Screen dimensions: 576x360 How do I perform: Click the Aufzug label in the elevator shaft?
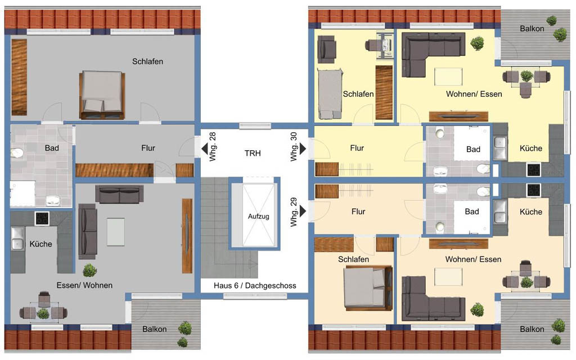point(258,217)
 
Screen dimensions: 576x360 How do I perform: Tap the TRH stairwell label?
point(253,153)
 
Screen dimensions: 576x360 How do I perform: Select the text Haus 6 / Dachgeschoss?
point(255,285)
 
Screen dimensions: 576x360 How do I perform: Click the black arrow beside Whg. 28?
point(205,148)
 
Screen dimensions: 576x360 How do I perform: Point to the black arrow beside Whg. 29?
point(303,211)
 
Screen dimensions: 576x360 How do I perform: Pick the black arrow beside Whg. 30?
point(303,148)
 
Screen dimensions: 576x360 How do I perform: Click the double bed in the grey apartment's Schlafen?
point(102,94)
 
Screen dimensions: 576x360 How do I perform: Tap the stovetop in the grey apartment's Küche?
point(42,219)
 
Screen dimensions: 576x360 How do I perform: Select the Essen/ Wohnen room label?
point(84,285)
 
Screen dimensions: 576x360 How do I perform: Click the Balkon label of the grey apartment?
point(154,329)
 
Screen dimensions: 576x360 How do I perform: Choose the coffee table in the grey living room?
point(116,232)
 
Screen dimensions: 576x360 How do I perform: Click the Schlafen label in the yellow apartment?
point(358,94)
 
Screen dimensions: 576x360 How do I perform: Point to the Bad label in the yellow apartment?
point(473,149)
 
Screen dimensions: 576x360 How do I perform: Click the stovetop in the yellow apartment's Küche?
point(534,169)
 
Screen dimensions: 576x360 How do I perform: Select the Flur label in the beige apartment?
point(358,211)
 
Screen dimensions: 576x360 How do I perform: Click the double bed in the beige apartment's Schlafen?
point(368,287)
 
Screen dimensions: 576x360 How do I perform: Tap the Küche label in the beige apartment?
point(531,211)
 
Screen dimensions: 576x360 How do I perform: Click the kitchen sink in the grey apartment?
point(17,238)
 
